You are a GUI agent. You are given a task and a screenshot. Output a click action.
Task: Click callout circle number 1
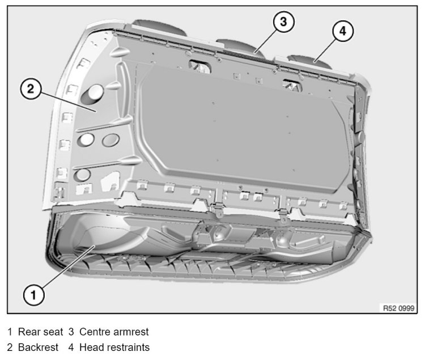coord(33,294)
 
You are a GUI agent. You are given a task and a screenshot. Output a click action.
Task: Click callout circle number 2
coord(31,89)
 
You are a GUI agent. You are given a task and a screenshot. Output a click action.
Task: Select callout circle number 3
coord(283,22)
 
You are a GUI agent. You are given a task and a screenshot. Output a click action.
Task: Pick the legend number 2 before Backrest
coord(10,347)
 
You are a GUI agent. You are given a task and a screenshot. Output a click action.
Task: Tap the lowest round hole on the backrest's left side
coord(83,174)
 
